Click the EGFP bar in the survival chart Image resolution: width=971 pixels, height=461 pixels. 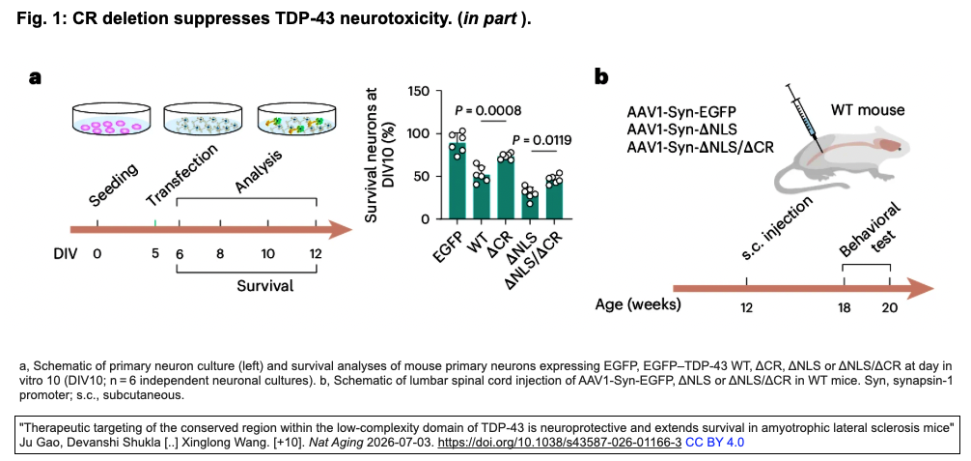458,181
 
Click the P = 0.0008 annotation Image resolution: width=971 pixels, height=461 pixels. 488,111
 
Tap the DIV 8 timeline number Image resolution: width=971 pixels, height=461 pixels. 220,254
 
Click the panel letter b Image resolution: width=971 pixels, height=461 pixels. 602,76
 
